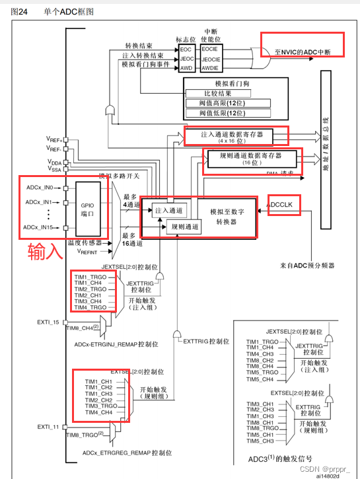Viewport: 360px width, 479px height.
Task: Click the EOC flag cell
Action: [x=187, y=49]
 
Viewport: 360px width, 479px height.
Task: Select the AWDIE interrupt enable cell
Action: [x=210, y=68]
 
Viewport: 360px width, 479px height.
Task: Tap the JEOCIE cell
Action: [x=210, y=58]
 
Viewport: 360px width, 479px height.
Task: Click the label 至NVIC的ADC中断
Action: [x=302, y=52]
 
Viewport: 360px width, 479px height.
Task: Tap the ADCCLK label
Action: [x=285, y=206]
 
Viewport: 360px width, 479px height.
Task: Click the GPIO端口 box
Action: [x=88, y=209]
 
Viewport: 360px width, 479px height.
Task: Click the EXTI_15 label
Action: [x=48, y=322]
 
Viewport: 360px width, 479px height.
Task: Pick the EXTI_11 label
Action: [x=48, y=427]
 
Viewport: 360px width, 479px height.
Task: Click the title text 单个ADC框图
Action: [x=67, y=11]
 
